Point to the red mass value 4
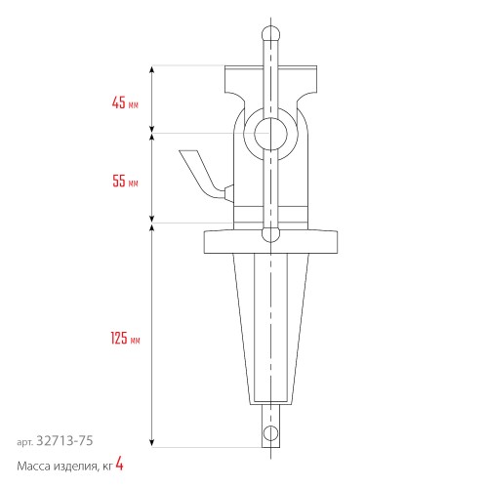(x=119, y=466)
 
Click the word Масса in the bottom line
(x=35, y=467)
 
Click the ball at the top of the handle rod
(x=269, y=32)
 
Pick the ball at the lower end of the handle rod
(x=269, y=234)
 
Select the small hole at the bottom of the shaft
(x=269, y=430)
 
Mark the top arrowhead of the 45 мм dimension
(x=152, y=69)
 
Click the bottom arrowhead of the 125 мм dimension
(x=152, y=444)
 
